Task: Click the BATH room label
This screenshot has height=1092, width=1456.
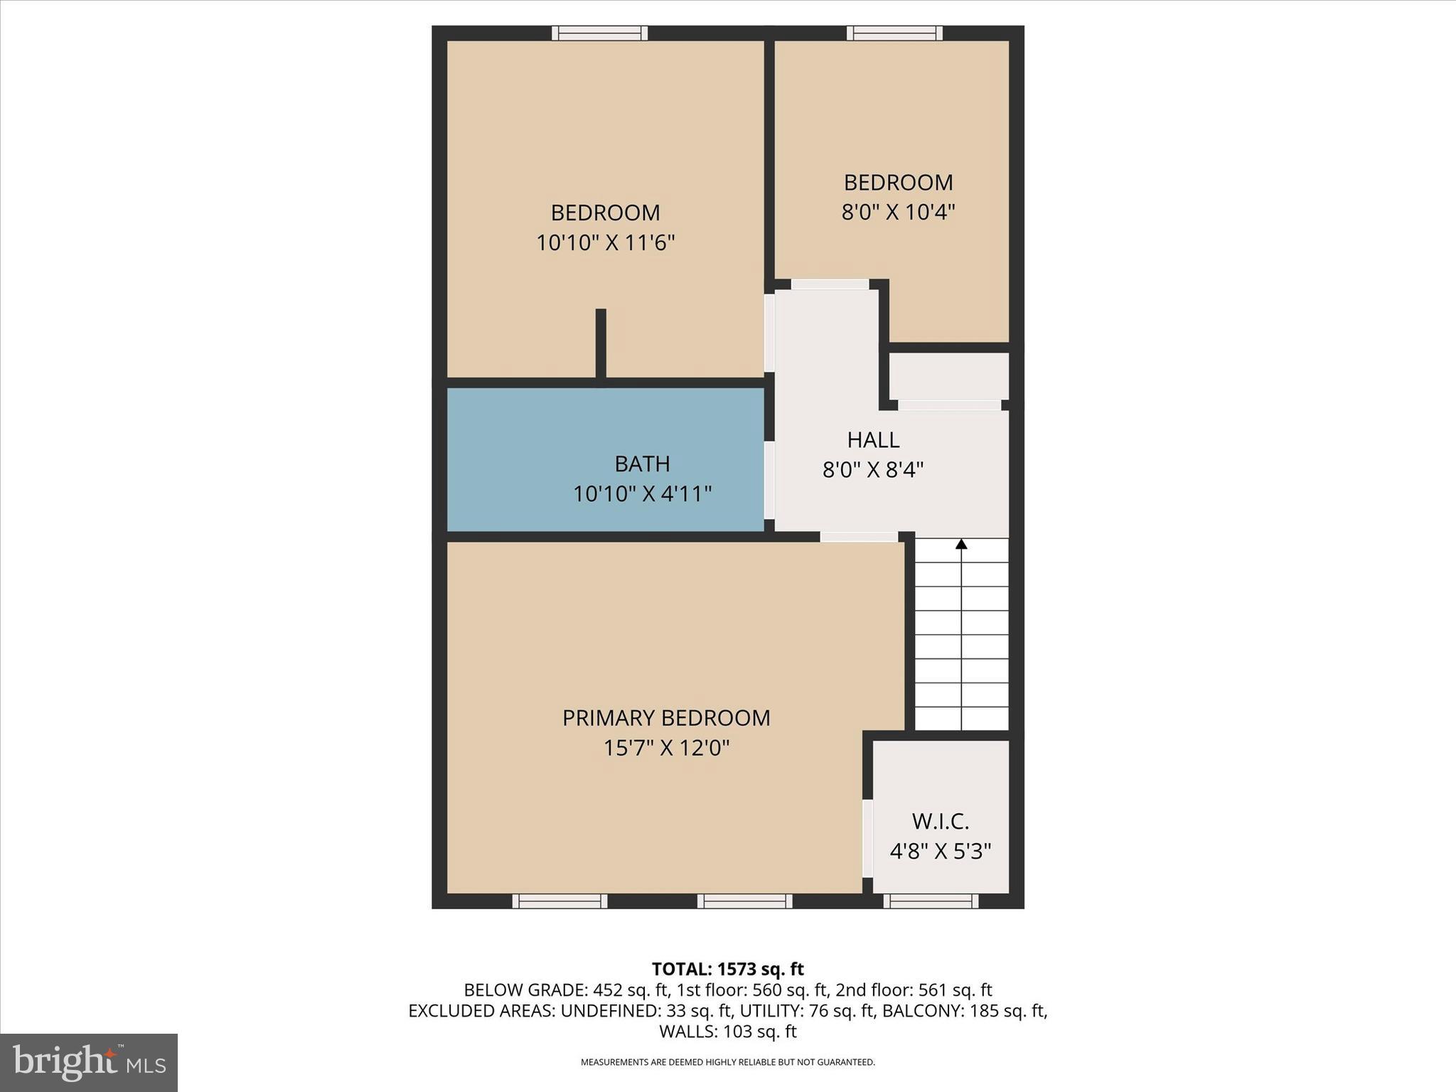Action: [x=642, y=464]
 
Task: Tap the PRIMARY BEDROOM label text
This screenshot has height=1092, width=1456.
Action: [x=666, y=718]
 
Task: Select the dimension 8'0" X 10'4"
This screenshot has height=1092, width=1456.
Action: [x=898, y=212]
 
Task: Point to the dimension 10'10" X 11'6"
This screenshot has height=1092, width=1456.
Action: [x=605, y=243]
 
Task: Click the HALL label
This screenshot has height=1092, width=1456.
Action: [x=873, y=440]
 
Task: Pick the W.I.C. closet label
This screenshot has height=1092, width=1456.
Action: [x=940, y=822]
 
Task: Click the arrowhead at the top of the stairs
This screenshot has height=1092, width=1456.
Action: [x=961, y=545]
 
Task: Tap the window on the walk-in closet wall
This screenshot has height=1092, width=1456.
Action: [x=931, y=901]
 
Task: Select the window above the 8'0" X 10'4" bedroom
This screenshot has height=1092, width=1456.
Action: [x=894, y=33]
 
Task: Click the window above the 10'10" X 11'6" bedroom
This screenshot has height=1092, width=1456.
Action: [x=600, y=33]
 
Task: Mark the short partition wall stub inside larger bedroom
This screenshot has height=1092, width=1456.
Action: [x=601, y=343]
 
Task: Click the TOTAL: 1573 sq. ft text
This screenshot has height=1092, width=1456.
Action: [x=727, y=969]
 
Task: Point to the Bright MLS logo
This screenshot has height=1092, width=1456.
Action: [x=89, y=1062]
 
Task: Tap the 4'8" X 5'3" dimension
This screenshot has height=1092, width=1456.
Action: [x=940, y=851]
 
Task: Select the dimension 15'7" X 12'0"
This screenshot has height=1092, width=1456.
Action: [x=666, y=748]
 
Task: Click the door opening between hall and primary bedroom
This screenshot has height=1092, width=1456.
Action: [x=859, y=537]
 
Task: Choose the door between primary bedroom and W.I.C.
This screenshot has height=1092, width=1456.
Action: [x=867, y=839]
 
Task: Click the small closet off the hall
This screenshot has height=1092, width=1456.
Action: [x=949, y=376]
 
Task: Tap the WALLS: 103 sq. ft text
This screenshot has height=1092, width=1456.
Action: [x=727, y=1031]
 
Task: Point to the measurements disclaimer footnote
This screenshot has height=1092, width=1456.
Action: [x=727, y=1062]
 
